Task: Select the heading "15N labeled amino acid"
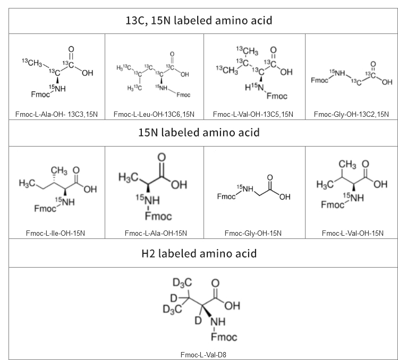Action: point(198,132)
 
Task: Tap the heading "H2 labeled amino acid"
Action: point(198,253)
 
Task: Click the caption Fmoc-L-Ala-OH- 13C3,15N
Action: point(57,114)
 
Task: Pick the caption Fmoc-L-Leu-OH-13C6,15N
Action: point(154,114)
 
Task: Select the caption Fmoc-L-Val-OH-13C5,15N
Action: point(253,114)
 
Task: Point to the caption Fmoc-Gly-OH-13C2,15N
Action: point(351,114)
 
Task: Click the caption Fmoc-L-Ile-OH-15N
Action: point(57,233)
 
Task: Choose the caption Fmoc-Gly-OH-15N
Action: point(253,233)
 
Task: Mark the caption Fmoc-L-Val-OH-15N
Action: point(351,233)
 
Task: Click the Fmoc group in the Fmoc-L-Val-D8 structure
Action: point(225,337)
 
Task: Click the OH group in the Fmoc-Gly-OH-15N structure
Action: point(285,197)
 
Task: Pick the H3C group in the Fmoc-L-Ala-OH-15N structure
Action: point(129,176)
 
